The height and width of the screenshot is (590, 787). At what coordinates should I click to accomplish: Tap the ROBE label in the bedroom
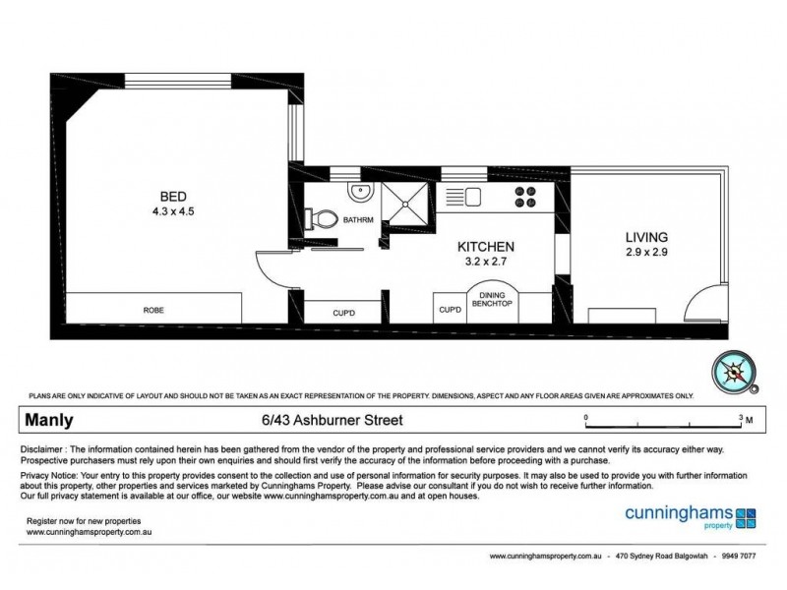click(152, 311)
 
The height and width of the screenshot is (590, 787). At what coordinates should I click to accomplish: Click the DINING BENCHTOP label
click(492, 300)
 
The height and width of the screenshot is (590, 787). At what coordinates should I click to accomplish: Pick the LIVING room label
click(646, 237)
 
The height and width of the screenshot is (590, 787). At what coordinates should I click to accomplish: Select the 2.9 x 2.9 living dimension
click(646, 255)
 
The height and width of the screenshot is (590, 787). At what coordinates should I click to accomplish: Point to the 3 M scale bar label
click(745, 419)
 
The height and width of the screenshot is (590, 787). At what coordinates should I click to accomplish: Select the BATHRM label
click(358, 220)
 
